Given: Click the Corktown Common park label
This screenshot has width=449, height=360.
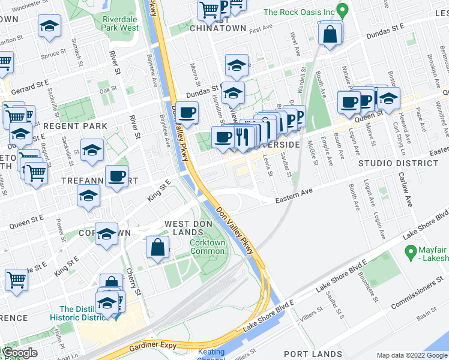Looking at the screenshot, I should point(207,247).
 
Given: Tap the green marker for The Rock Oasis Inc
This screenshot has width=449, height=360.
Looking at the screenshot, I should point(343,10).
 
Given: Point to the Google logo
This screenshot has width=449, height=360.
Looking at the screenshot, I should point(20,353).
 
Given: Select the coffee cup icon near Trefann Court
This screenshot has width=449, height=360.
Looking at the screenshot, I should point(116,176).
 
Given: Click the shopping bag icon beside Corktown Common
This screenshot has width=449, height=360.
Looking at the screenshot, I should point(157,247).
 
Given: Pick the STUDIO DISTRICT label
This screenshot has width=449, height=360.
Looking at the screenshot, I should point(390,163).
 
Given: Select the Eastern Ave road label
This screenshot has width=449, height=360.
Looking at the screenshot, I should point(295,200).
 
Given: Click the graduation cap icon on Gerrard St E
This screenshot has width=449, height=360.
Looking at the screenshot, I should point(237,64).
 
